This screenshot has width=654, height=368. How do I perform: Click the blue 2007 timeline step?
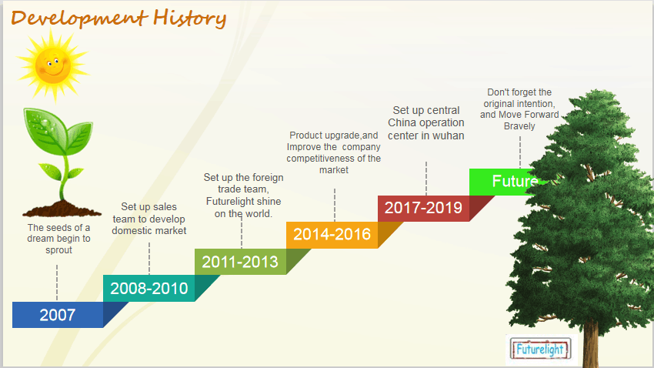pyautogui.click(x=58, y=315)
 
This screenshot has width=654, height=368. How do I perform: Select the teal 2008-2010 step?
pyautogui.click(x=149, y=288)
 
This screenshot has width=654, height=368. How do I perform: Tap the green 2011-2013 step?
pyautogui.click(x=240, y=262)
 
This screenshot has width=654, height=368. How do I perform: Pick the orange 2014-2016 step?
pyautogui.click(x=332, y=235)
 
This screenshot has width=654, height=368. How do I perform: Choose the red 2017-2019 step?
pyautogui.click(x=423, y=208)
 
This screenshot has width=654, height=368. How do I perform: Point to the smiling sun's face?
pyautogui.click(x=53, y=65)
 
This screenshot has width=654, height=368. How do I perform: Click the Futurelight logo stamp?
pyautogui.click(x=541, y=349)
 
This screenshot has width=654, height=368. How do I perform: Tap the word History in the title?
pyautogui.click(x=190, y=18)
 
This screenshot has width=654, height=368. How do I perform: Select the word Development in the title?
pyautogui.click(x=79, y=19)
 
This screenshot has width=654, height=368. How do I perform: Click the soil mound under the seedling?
pyautogui.click(x=62, y=209)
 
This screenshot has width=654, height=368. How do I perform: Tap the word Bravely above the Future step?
pyautogui.click(x=519, y=126)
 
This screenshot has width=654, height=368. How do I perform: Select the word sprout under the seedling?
pyautogui.click(x=58, y=250)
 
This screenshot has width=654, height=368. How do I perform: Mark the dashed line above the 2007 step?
pyautogui.click(x=57, y=283)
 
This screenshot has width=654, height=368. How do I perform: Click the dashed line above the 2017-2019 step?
pyautogui.click(x=425, y=178)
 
